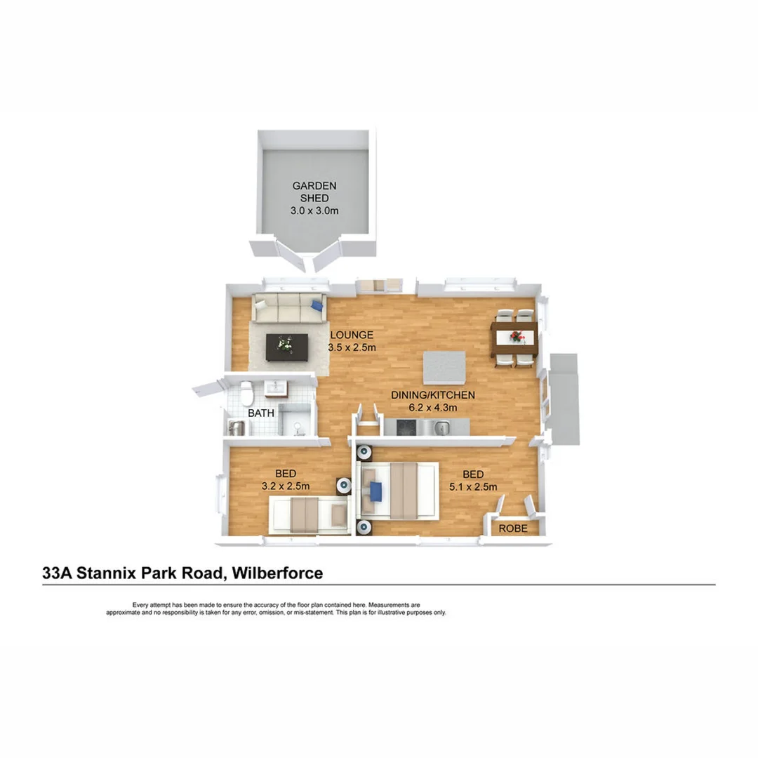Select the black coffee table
(287, 346)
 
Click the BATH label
(260, 413)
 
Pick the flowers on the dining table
(518, 338)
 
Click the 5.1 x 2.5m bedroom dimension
(474, 487)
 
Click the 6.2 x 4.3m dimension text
(433, 407)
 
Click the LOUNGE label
(352, 335)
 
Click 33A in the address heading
(56, 573)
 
